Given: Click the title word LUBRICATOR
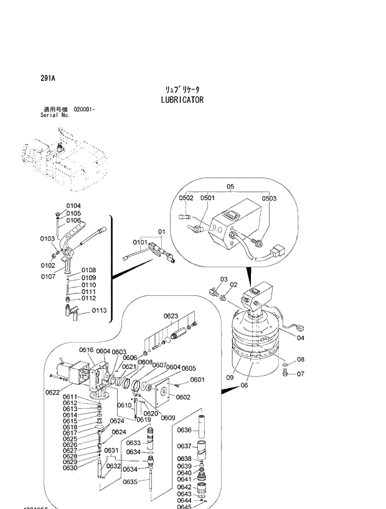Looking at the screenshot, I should pyautogui.click(x=182, y=100).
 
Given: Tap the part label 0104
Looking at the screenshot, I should pyautogui.click(x=73, y=206).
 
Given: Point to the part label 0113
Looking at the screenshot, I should pyautogui.click(x=100, y=310).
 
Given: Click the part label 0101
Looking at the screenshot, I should pyautogui.click(x=139, y=242).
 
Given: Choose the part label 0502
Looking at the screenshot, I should pyautogui.click(x=187, y=198).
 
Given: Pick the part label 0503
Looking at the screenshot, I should pyautogui.click(x=269, y=198).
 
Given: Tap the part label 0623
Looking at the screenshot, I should pyautogui.click(x=171, y=316).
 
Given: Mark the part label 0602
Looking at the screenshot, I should pyautogui.click(x=183, y=397).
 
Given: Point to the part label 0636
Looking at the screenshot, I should pyautogui.click(x=184, y=430).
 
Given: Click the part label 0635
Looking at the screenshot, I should pyautogui.click(x=129, y=482).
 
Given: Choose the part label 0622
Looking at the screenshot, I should pyautogui.click(x=53, y=392).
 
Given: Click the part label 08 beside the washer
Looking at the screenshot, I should pyautogui.click(x=300, y=359).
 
